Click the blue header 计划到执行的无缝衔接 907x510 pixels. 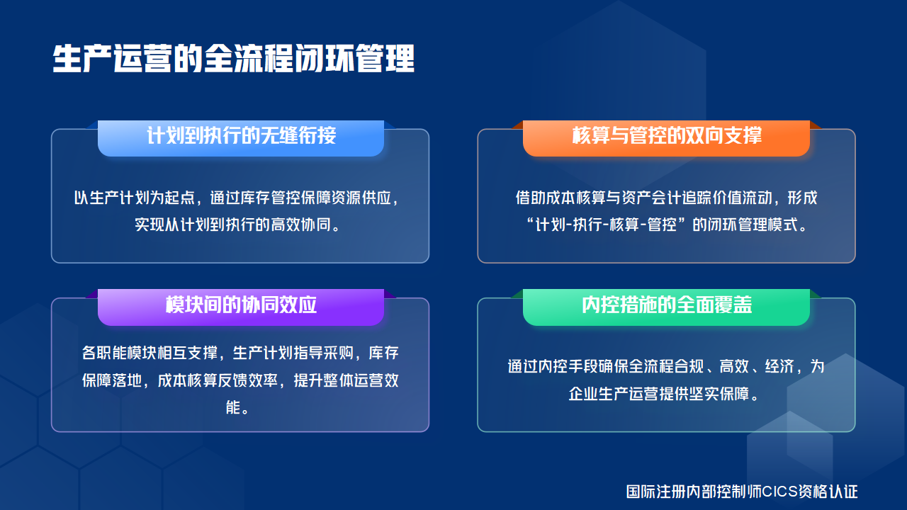[241, 135]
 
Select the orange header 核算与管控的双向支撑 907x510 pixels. [666, 135]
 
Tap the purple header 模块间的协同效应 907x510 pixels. [241, 305]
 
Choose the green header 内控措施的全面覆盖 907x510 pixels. [666, 305]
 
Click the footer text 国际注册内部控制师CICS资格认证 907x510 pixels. [742, 491]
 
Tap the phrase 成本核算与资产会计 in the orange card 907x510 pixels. [613, 198]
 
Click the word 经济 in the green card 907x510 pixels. [779, 367]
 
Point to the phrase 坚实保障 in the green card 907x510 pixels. [718, 394]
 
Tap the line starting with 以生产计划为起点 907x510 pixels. [241, 198]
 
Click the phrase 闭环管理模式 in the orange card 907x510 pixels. [750, 226]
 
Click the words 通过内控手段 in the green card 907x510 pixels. [554, 367]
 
